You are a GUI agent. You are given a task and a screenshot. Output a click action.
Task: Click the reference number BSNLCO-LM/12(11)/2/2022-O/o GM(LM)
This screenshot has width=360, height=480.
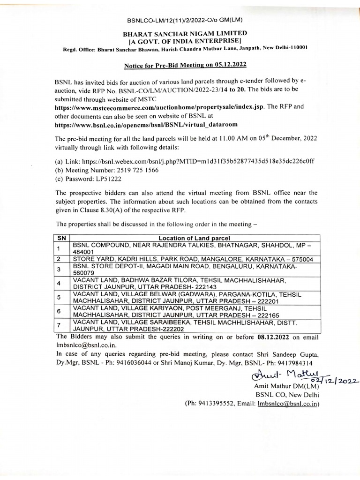[184, 19]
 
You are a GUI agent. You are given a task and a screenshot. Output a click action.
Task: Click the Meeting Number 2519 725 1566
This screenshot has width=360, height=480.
[138, 170]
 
